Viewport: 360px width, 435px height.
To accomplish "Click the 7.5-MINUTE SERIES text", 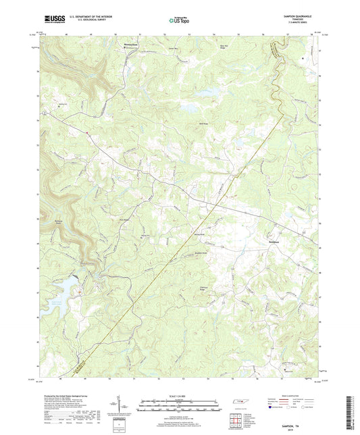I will tap(304, 25).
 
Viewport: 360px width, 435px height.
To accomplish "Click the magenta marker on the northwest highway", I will tap(86, 132).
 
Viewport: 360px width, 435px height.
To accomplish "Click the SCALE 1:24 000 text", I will tap(180, 395).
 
